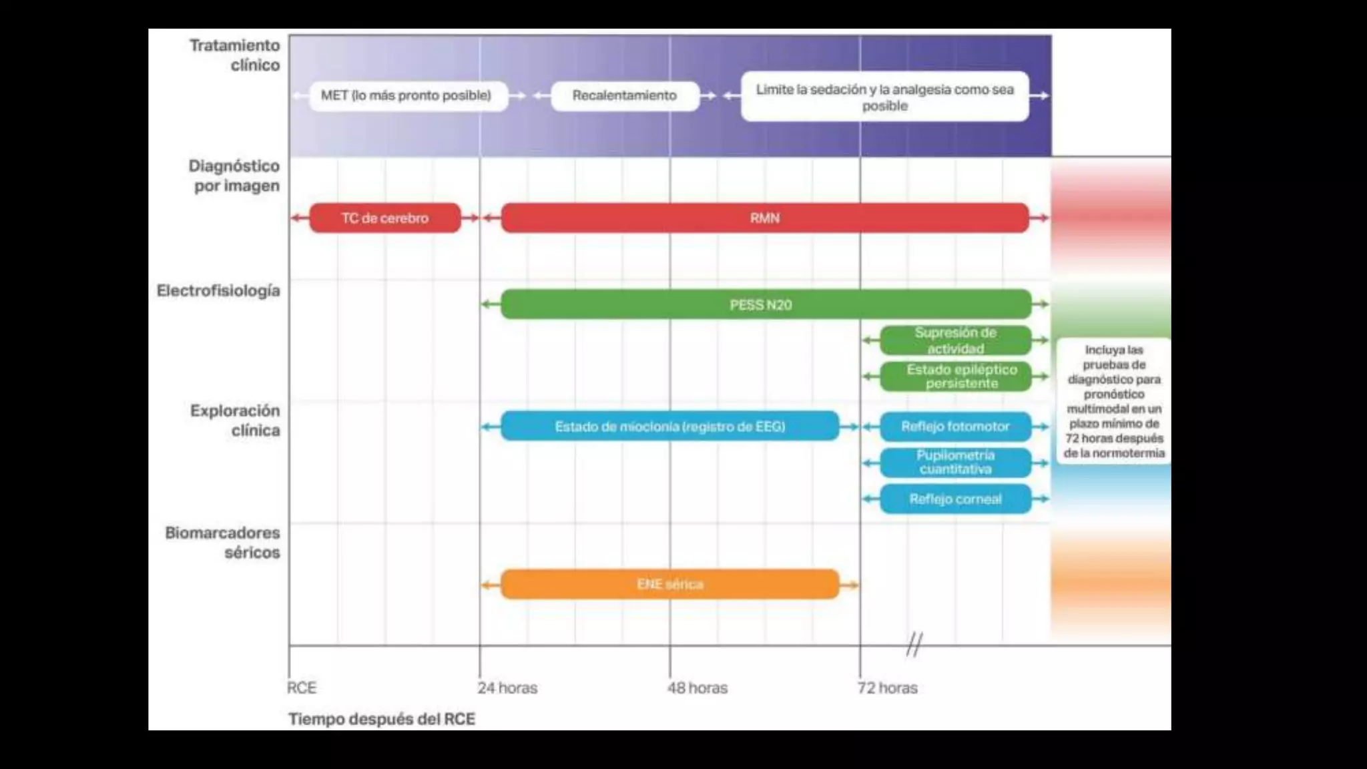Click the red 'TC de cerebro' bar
[x=385, y=218]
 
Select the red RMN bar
[x=764, y=218]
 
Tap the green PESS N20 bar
[x=761, y=305]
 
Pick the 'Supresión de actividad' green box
[x=955, y=340]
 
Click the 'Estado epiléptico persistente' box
[x=955, y=376]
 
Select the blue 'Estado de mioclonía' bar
[x=669, y=427]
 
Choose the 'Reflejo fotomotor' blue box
[x=955, y=427]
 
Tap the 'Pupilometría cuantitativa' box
[x=955, y=463]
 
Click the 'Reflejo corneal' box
[x=955, y=499]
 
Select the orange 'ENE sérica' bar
[x=669, y=585]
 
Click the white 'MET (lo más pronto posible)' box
[x=406, y=95]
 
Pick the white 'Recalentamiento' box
[x=625, y=95]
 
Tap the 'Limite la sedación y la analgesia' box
[x=884, y=97]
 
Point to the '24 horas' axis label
[x=507, y=688]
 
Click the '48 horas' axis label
[x=698, y=688]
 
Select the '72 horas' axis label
[x=888, y=688]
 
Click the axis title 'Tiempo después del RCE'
[x=382, y=720]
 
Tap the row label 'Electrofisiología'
[x=218, y=291]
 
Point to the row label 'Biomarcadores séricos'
[x=223, y=543]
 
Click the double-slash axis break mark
[x=914, y=645]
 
